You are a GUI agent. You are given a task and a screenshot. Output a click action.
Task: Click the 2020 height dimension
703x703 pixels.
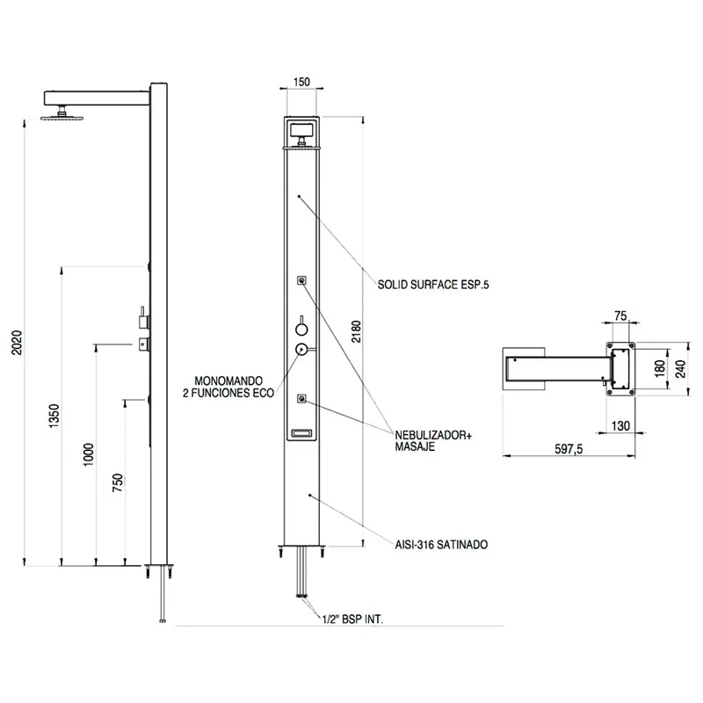pos(17,343)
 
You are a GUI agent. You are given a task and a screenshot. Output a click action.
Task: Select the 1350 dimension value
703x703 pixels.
pos(54,416)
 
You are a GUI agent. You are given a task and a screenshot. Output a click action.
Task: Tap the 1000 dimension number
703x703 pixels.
pos(89,454)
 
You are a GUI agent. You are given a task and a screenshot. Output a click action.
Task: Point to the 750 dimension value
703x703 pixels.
pos(118,482)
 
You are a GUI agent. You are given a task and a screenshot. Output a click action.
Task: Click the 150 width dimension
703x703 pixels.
pos(301,82)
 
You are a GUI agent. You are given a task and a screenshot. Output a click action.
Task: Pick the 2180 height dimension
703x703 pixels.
pos(356,331)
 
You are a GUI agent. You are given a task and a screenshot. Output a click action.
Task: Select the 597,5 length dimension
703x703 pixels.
pos(569,449)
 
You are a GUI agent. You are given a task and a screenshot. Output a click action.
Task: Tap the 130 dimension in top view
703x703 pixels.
pos(621,425)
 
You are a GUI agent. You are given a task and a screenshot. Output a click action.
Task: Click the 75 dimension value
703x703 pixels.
pos(620,316)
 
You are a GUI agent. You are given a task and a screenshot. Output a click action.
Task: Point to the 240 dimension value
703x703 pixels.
pos(681,369)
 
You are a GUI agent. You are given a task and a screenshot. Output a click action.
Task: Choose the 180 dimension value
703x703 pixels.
pos(660,369)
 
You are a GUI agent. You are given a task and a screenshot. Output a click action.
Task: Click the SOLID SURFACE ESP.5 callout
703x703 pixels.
pos(433,285)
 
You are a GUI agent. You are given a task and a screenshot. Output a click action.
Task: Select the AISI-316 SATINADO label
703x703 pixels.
pos(442,545)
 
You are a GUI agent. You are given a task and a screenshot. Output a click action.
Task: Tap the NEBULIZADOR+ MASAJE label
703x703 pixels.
pos(433,441)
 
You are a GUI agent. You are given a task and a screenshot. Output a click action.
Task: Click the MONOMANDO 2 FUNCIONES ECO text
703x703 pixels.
pos(228,387)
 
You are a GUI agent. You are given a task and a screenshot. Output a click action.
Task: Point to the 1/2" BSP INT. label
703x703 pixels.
pos(353,620)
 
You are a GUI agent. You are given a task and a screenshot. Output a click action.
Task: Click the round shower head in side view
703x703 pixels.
pos(59,118)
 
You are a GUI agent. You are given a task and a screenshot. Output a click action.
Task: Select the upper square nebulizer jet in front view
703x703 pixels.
pos(301,280)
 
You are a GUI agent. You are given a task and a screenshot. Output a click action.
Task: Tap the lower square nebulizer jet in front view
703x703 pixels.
pos(301,399)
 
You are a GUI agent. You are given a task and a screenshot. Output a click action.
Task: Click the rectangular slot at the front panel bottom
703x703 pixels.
pos(301,433)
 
